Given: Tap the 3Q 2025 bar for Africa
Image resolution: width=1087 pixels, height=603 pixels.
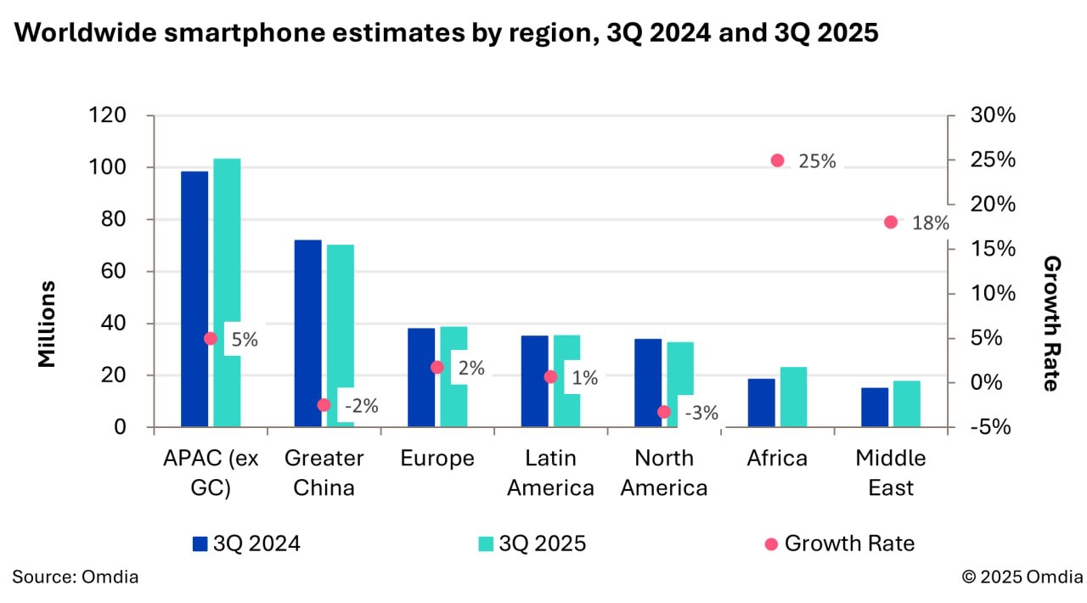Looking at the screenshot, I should [x=793, y=397].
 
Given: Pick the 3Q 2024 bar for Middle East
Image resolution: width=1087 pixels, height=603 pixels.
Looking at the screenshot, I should [x=875, y=407].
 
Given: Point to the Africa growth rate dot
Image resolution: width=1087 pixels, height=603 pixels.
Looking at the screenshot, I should [x=777, y=161].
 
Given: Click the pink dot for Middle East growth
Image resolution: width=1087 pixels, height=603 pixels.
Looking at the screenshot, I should [x=891, y=223].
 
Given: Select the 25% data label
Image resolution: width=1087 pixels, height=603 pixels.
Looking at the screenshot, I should [x=817, y=161].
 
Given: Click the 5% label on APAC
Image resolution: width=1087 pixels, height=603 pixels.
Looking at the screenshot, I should [x=244, y=339].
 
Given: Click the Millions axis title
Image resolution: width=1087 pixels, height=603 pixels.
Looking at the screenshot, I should [x=48, y=324].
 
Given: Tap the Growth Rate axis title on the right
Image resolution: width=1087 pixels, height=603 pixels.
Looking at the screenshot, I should [x=1051, y=324].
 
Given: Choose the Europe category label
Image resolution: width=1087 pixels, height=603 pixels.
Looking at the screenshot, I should [x=437, y=459].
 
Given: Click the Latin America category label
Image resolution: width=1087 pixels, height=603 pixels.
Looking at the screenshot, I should [x=550, y=473].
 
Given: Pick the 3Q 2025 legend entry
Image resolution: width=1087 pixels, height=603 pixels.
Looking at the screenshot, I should [x=532, y=544].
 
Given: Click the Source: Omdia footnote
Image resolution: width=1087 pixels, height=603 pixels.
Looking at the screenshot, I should [x=76, y=577].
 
